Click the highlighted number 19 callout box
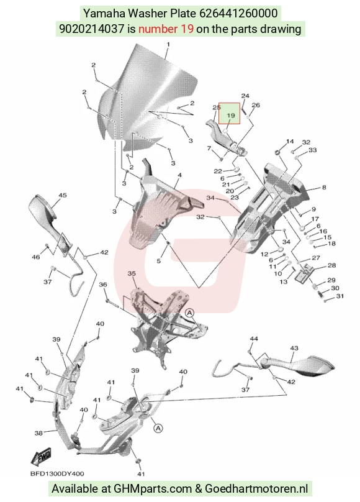[x=229, y=113]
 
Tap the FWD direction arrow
[x=41, y=457]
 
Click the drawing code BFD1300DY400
[x=58, y=474]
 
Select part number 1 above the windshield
[x=168, y=44]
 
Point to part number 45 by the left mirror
[x=63, y=195]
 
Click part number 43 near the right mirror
[x=294, y=348]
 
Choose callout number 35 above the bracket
[x=132, y=273]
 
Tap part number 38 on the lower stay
[x=38, y=433]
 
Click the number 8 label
[x=324, y=187]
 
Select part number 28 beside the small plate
[x=331, y=265]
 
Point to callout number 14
[x=290, y=141]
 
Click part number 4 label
[x=179, y=175]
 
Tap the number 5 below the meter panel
[x=158, y=261]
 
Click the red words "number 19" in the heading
[x=166, y=29]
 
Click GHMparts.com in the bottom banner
[x=155, y=489]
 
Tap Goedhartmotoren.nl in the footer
[x=256, y=489]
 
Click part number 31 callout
[x=340, y=296]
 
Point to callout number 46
[x=36, y=257]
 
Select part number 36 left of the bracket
[x=103, y=285]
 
